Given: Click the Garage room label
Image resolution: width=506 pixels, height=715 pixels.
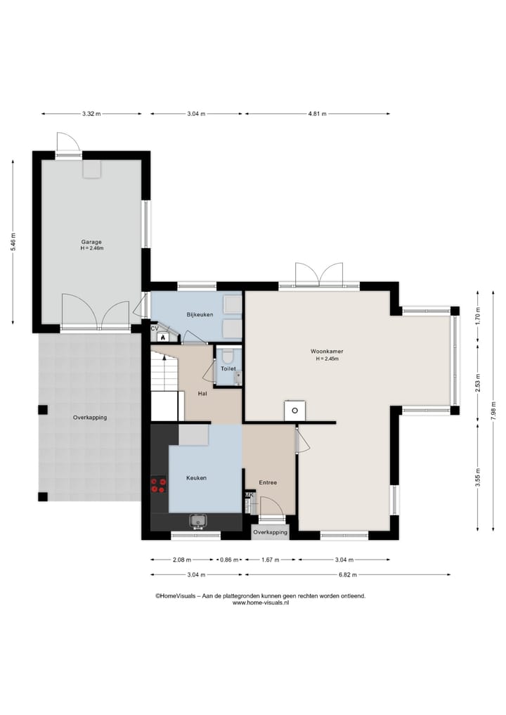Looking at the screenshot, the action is pos(91,242).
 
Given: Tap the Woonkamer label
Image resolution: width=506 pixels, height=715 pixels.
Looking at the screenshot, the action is pos(327,351).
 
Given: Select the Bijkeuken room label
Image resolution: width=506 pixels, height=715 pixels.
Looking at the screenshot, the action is pos(200,315).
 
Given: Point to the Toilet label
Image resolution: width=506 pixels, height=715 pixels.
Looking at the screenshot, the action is pos(228,368).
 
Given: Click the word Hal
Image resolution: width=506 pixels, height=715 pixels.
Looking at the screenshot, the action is pos(202,393).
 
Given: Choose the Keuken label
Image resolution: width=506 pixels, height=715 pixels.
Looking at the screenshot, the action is pos(197,478).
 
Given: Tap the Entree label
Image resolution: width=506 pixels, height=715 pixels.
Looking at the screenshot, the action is pos(268,482).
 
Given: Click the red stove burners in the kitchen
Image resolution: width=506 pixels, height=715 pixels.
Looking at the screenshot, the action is pos(159,484).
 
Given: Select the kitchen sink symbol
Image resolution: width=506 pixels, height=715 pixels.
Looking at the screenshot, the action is pos(198,521).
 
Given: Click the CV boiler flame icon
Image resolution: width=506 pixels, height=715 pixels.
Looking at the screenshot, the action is pos(163,337).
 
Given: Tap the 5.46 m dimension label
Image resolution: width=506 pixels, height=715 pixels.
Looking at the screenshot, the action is pos(13,242).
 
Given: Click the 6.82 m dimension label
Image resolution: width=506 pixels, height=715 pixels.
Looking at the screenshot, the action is pos(348,574).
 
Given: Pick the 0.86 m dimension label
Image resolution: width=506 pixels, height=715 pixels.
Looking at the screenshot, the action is pos(229,560).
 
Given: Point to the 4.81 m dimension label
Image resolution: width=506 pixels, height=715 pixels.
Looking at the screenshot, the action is pos(317,114).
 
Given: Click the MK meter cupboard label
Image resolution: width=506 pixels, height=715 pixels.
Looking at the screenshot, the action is pos(249,495).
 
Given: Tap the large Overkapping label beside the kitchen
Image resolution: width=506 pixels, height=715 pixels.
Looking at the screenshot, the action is pos(90,417).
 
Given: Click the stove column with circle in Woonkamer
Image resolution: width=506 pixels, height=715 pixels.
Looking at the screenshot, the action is pos(295,411).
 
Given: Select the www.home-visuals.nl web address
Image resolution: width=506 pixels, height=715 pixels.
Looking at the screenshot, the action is pos(261,603).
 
